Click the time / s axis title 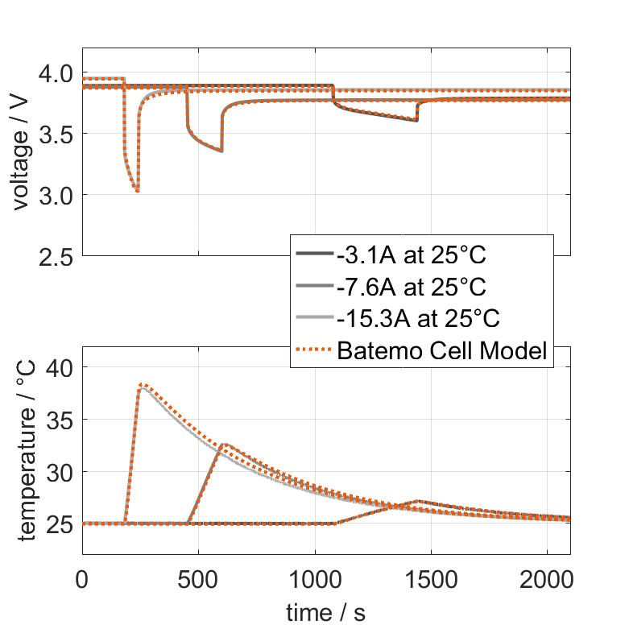click(x=325, y=612)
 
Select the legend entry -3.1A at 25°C click(x=416, y=255)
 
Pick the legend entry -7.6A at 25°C click(x=416, y=287)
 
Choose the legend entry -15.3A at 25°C click(x=420, y=318)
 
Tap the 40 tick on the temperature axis click(x=61, y=367)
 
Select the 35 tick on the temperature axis click(x=61, y=420)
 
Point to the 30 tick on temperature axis click(x=61, y=472)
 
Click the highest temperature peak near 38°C click(x=142, y=385)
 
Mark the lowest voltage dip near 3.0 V click(x=138, y=191)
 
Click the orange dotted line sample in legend click(x=314, y=350)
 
